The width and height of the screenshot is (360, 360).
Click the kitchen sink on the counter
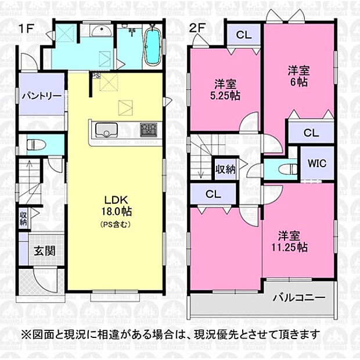pos(106,129)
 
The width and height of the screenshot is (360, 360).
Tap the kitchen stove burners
pos(148,128)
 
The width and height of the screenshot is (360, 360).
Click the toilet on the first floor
pos(34,143)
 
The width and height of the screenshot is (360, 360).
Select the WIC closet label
pos(316,163)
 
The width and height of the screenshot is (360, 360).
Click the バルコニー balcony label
pos(299,298)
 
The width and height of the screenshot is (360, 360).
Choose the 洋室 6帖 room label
pos(299,76)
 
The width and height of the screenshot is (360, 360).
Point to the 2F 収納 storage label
pos(225,170)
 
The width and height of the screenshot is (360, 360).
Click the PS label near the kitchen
pos(94,75)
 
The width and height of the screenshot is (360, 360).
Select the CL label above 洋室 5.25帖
pos(243,34)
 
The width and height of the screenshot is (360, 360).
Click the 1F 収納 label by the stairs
pos(23,219)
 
